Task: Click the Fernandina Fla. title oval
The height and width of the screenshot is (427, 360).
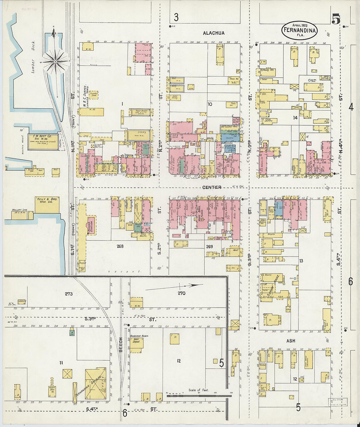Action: (x=299, y=30)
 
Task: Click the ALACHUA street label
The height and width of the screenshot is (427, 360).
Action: (x=213, y=33)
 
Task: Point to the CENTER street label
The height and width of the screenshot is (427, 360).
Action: (x=212, y=187)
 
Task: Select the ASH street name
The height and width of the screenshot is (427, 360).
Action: (x=291, y=341)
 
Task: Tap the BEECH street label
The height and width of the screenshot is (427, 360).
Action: (x=120, y=345)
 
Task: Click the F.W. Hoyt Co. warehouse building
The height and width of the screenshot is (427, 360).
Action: (x=43, y=142)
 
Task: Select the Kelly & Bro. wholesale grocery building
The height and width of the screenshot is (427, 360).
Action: (x=47, y=205)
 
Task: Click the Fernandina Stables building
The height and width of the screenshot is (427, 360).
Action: (x=95, y=384)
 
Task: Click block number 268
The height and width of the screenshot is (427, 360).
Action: (x=120, y=246)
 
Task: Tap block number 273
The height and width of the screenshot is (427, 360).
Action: (x=68, y=294)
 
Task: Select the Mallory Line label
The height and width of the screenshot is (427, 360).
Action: (x=20, y=210)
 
